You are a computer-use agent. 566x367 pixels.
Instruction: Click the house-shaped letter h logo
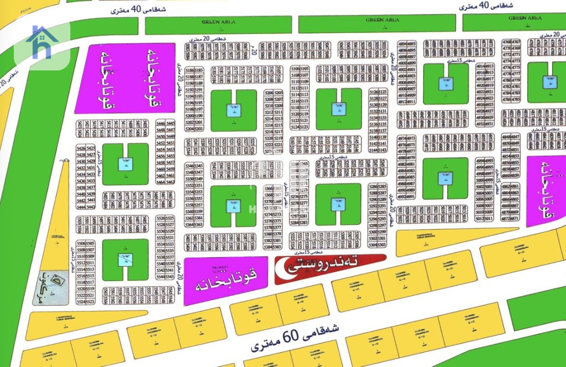[42, 43]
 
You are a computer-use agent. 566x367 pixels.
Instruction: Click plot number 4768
[506, 42]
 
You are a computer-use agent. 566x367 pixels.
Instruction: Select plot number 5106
[295, 68]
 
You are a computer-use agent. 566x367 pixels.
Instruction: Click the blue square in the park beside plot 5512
[125, 259]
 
